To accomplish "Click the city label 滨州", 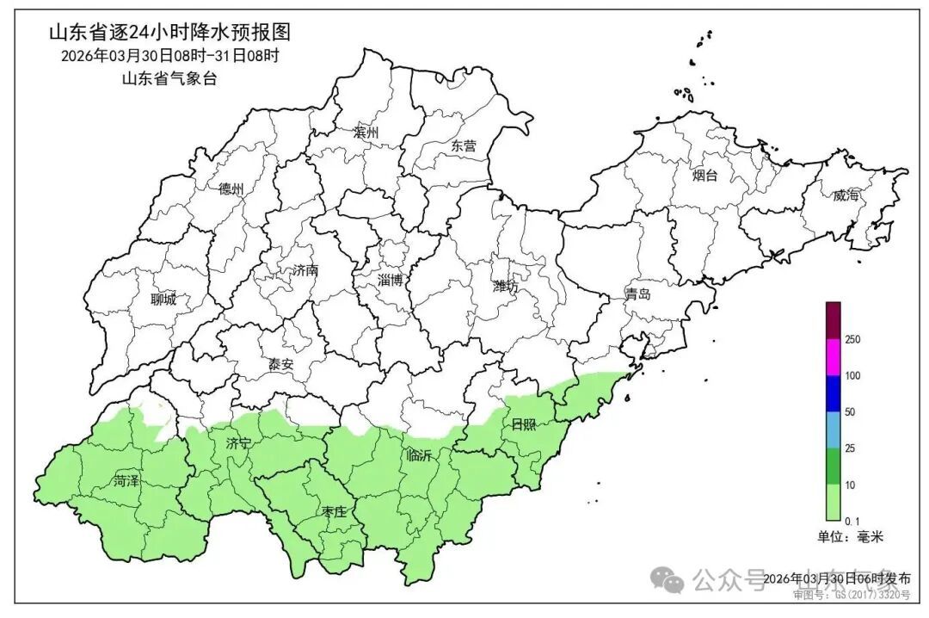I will tap(366, 133).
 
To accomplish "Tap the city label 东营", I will tap(463, 146).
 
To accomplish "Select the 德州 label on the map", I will tap(231, 189).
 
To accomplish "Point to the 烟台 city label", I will tap(704, 176).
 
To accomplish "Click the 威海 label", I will tap(846, 195).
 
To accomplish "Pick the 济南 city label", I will tap(305, 270).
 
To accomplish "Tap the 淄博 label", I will tap(390, 280).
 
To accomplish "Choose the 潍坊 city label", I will tap(505, 287).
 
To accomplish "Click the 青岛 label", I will tap(637, 295).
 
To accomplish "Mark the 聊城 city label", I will tap(162, 300).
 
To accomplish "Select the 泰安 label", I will tap(280, 364).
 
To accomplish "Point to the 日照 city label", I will tap(523, 424).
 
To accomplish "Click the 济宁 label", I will tap(238, 444).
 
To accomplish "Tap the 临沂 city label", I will tap(419, 456).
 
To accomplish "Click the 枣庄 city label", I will tap(333, 512).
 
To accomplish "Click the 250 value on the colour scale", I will tap(852, 340).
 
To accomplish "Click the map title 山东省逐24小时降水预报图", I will tap(169, 33).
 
